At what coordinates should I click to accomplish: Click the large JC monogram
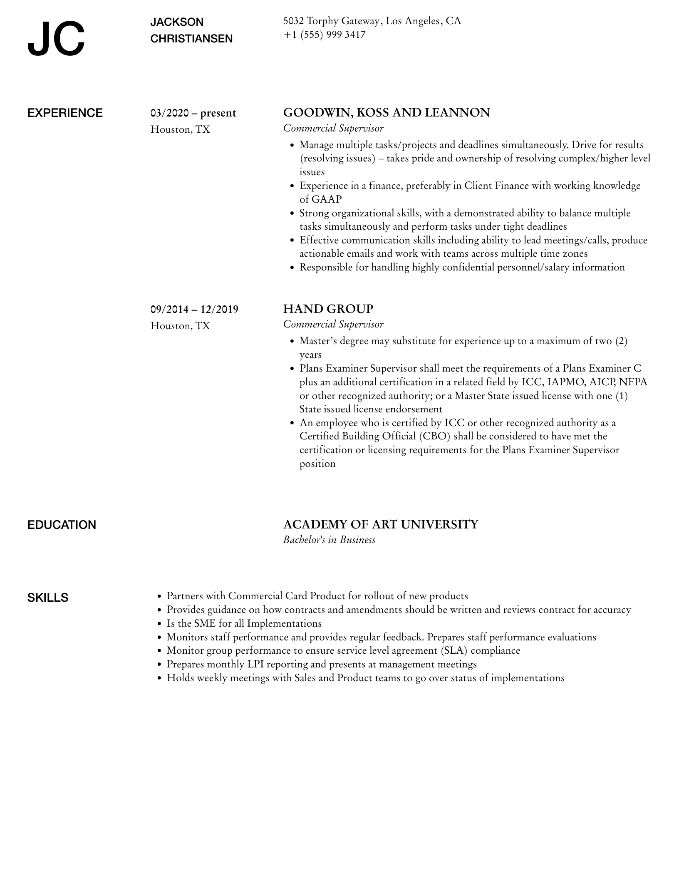click(56, 39)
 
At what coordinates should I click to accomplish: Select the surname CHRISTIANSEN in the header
click(191, 39)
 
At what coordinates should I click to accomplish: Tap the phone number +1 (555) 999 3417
click(325, 35)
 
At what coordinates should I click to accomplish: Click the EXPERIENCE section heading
click(65, 113)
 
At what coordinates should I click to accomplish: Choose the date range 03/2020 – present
click(193, 113)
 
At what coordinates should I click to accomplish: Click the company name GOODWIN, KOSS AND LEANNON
click(387, 112)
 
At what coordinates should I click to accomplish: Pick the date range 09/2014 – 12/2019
click(194, 310)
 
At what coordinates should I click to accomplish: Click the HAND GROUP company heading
click(328, 309)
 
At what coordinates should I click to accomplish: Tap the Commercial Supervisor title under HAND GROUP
click(333, 324)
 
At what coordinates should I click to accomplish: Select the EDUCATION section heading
click(62, 525)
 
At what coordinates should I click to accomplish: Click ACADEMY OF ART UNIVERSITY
click(381, 524)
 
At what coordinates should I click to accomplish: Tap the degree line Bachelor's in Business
click(329, 540)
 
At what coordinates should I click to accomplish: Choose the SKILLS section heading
click(48, 598)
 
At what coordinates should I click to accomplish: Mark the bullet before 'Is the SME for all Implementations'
click(159, 624)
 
